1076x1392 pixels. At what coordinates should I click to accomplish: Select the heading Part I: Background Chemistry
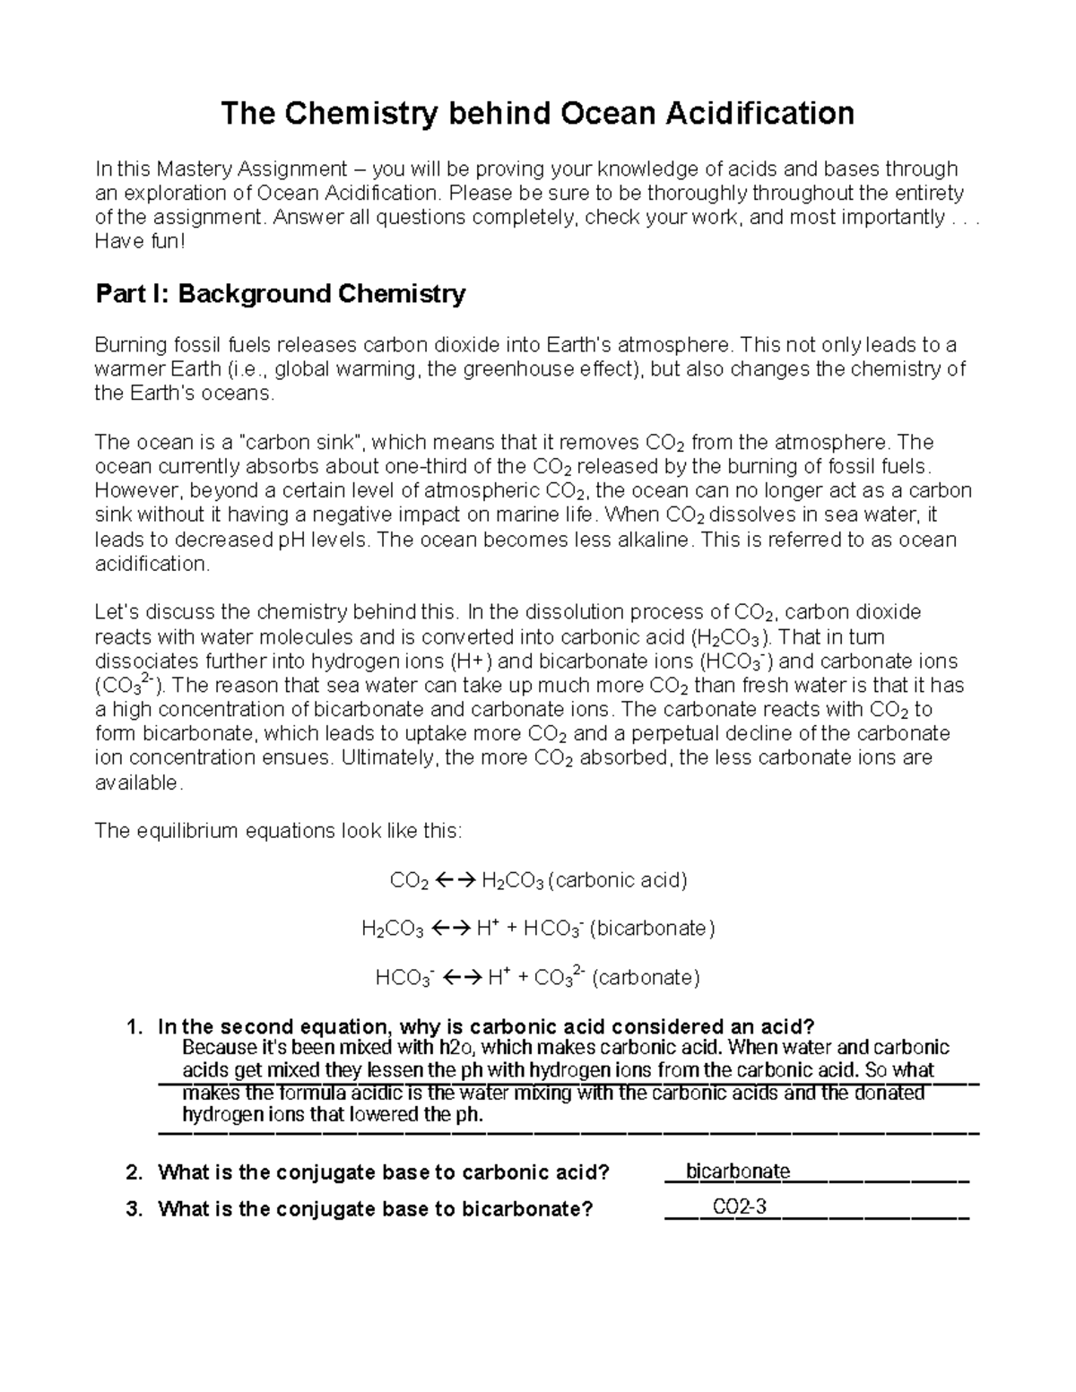pyautogui.click(x=280, y=294)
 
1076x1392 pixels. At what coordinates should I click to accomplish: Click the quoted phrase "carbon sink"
pyautogui.click(x=305, y=442)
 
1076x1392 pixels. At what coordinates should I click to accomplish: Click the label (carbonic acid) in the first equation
pyautogui.click(x=618, y=880)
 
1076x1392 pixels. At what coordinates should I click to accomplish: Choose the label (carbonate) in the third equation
pyautogui.click(x=646, y=977)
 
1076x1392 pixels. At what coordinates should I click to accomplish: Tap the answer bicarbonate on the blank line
pyautogui.click(x=738, y=1171)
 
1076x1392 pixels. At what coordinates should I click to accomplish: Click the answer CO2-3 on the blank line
pyautogui.click(x=740, y=1206)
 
